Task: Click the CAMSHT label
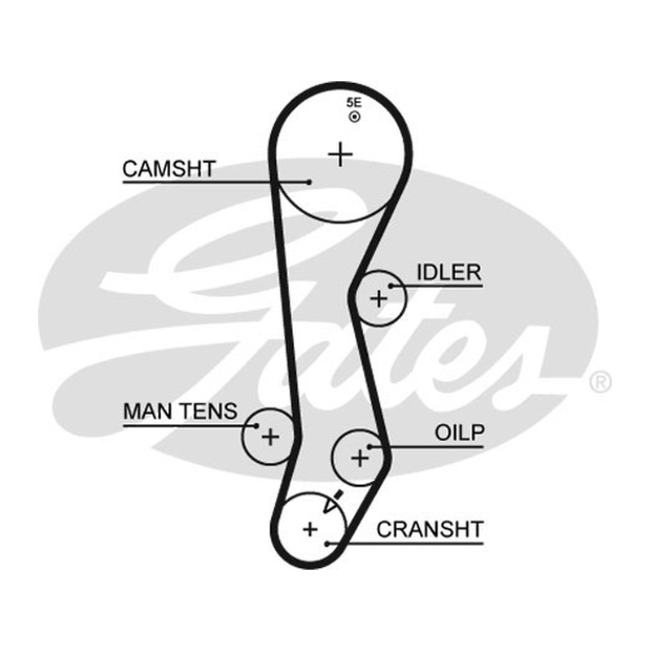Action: tap(168, 169)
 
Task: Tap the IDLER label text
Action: tap(449, 273)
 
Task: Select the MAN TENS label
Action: tap(180, 412)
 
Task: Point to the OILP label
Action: tap(460, 433)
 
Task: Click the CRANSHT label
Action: tap(430, 530)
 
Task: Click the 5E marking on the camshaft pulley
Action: tap(354, 103)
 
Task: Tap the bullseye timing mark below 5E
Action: tap(355, 117)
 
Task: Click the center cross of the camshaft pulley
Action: tap(340, 155)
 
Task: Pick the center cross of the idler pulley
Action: tap(378, 299)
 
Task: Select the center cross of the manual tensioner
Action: tap(270, 437)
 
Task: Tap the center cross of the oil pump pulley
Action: tap(360, 458)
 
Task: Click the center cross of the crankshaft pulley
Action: tap(310, 529)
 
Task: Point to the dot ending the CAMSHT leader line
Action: tap(309, 181)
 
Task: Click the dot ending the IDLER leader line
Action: tap(391, 286)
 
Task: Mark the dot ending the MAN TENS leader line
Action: tap(256, 426)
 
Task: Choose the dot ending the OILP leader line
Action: tap(369, 447)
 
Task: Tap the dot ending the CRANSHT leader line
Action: tap(327, 544)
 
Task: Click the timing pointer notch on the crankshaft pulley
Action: tap(334, 502)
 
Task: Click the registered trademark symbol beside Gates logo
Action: tap(601, 382)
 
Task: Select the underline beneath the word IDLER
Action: tap(437, 286)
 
